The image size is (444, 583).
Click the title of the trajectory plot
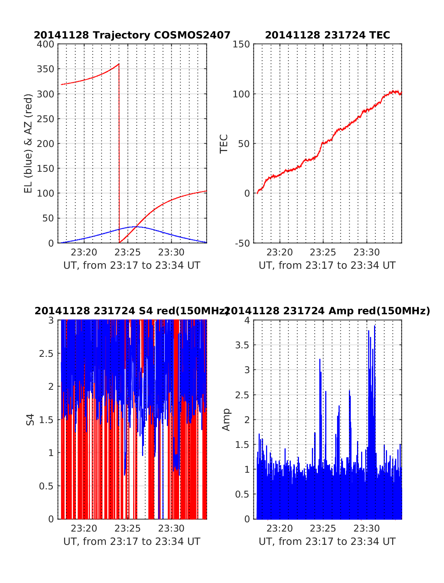132,35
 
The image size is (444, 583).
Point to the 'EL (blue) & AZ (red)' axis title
28,143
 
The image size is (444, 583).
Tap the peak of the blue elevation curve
136,227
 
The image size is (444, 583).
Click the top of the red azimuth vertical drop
119,64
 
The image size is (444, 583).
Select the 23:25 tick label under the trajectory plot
128,252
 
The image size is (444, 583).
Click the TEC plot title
327,35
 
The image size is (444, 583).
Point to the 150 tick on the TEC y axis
241,44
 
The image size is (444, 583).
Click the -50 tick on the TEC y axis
241,243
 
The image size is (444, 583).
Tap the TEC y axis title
224,144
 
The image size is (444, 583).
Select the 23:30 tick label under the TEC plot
367,252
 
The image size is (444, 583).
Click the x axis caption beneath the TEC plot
327,265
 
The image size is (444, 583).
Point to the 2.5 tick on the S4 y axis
46,354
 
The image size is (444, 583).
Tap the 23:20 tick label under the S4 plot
84,528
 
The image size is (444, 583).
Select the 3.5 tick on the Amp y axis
243,345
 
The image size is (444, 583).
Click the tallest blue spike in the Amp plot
374,326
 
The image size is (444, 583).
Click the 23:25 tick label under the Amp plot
323,528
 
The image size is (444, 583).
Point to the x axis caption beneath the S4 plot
132,542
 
